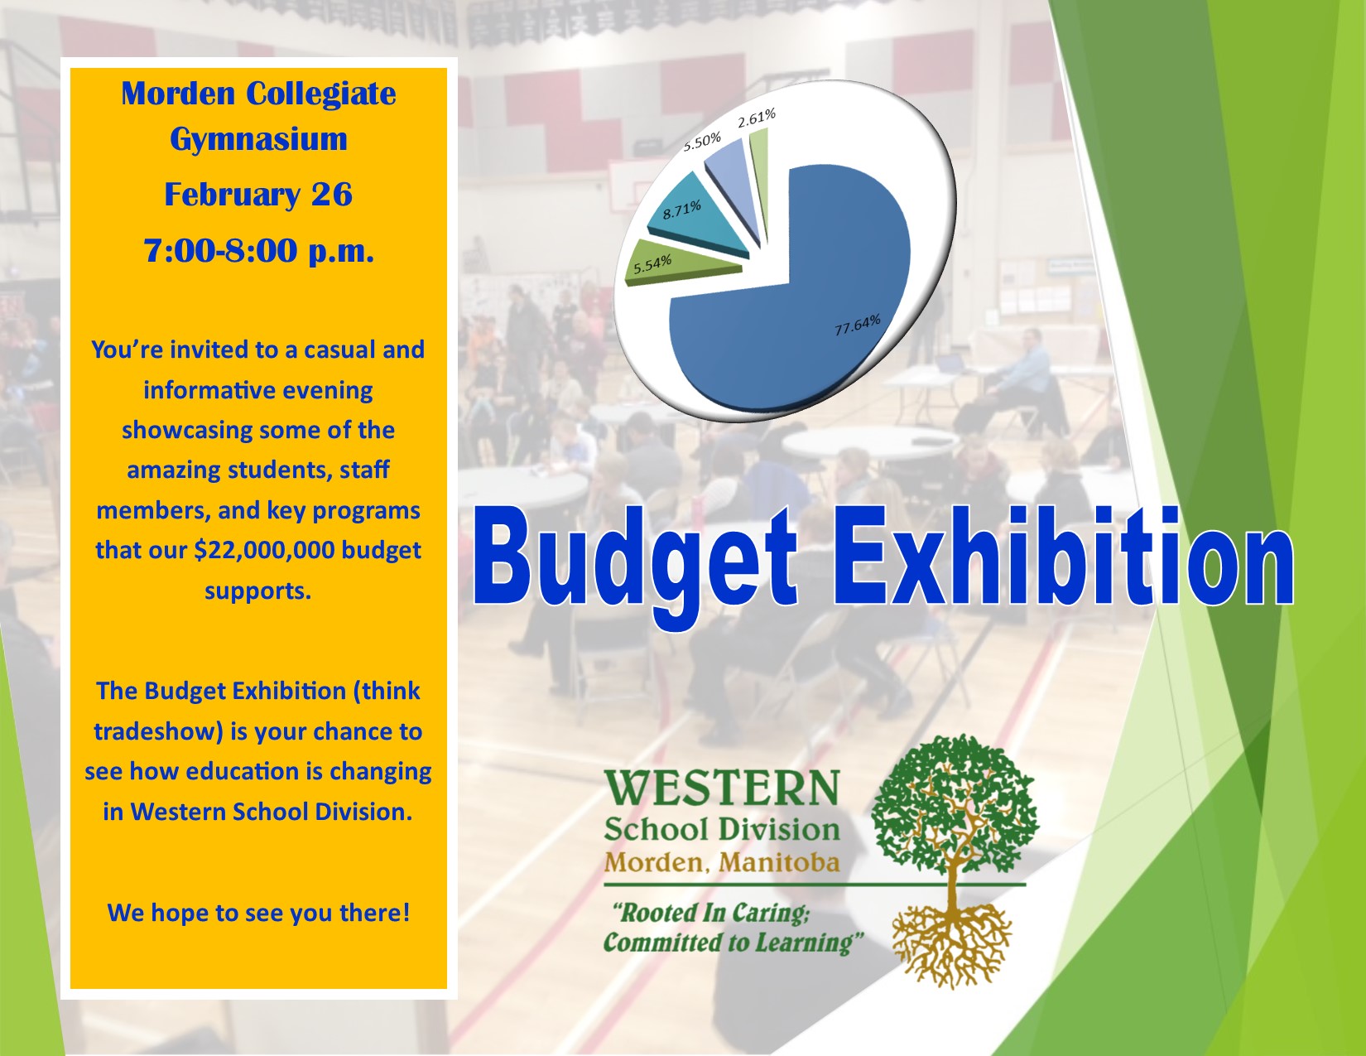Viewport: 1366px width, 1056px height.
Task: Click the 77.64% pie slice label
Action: pos(858,325)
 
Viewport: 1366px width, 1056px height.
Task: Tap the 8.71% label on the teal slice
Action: pos(681,210)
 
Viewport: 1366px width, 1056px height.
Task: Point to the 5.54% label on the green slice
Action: pos(652,264)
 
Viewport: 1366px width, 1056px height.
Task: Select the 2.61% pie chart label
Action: pos(756,118)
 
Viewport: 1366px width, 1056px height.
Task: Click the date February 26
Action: pos(258,195)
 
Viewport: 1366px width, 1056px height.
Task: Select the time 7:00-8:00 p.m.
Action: pos(258,250)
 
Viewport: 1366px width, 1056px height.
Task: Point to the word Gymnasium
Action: pos(258,140)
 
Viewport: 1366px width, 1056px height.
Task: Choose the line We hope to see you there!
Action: pos(258,913)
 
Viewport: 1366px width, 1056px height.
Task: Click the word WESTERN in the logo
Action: pos(722,788)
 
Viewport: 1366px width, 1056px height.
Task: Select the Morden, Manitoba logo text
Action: pos(722,862)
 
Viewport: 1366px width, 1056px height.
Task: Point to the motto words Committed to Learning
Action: pos(733,943)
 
